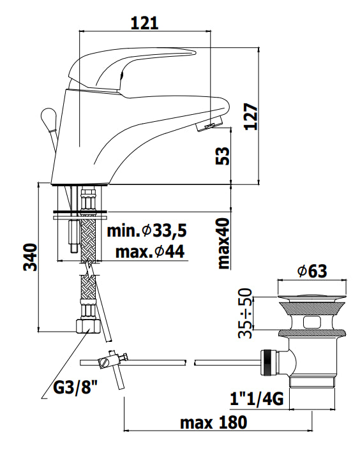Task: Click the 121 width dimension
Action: [x=144, y=22]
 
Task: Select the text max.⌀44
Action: [x=150, y=252]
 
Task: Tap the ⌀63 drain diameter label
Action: [x=312, y=271]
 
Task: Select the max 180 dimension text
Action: [x=213, y=423]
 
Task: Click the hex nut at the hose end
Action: [x=87, y=327]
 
